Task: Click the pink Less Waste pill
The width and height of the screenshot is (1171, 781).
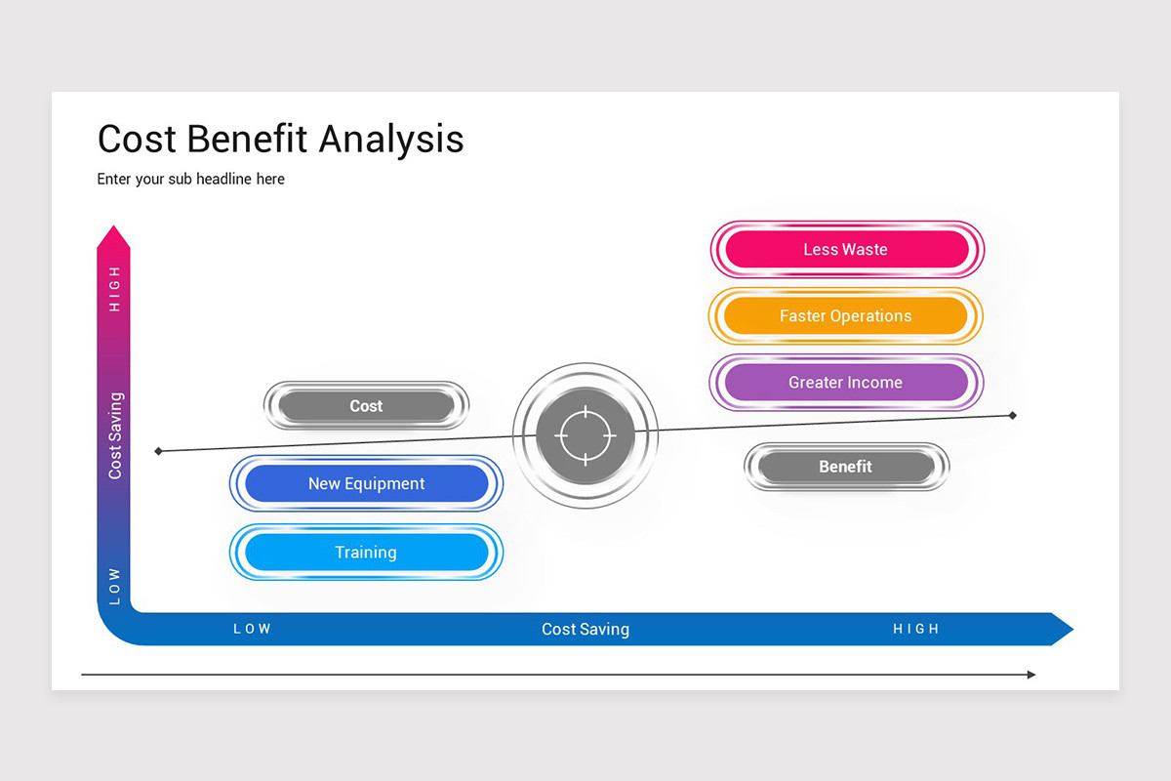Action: [845, 250]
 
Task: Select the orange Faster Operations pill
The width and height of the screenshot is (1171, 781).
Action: [845, 316]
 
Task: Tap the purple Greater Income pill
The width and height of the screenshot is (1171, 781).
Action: [845, 383]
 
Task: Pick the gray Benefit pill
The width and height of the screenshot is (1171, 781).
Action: [845, 467]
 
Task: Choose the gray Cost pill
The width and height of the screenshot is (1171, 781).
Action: [366, 406]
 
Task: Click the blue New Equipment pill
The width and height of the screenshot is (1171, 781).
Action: [366, 483]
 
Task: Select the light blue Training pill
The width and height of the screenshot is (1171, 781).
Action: [366, 553]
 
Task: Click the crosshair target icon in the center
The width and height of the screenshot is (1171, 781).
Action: [585, 434]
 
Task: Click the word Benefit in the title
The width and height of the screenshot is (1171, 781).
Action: [245, 140]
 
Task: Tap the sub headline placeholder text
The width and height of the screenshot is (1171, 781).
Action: [191, 180]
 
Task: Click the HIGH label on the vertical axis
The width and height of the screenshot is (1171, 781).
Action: [114, 289]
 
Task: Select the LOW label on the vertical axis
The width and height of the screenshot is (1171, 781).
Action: [114, 586]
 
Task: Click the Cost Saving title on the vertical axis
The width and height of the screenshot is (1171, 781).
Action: [115, 435]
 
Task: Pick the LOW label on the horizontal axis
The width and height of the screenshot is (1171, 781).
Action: [252, 630]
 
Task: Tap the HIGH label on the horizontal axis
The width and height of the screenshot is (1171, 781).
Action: [916, 630]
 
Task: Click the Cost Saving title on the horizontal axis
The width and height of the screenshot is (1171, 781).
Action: [585, 630]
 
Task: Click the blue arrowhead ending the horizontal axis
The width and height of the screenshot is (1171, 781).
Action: [1061, 630]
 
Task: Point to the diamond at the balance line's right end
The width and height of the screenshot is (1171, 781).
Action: [1013, 416]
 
